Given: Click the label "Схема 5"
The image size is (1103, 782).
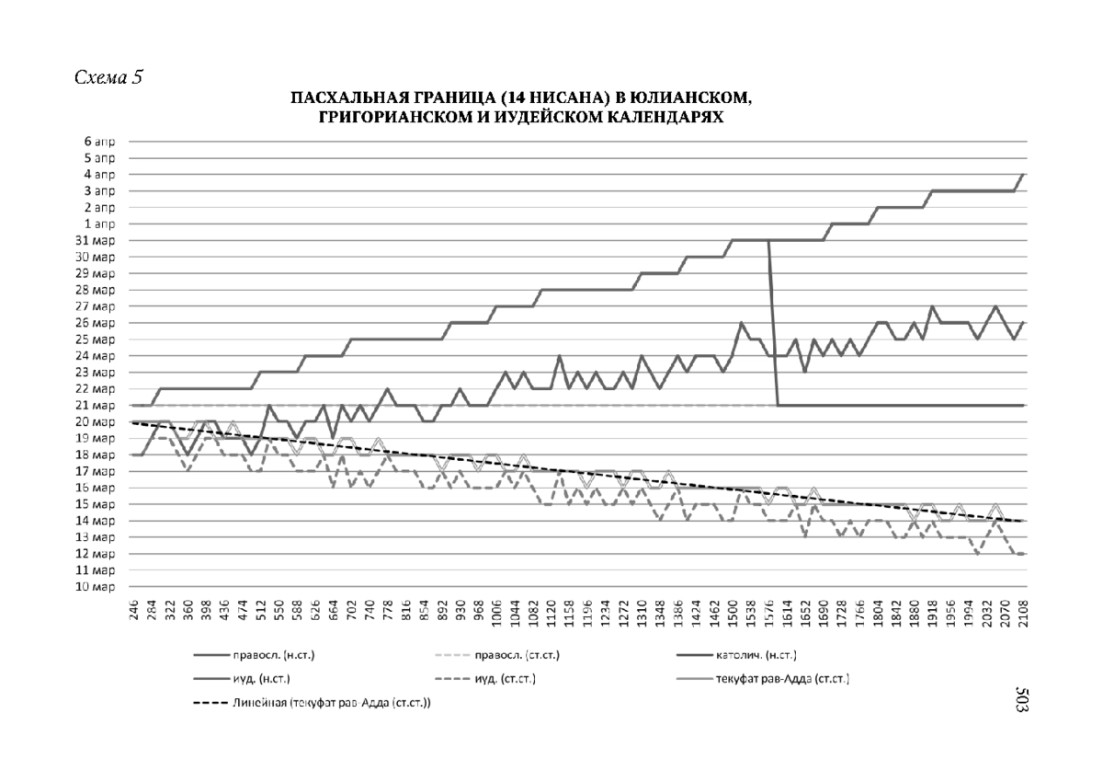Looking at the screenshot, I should pos(108,77).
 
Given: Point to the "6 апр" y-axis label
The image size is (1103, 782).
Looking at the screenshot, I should pos(101,142).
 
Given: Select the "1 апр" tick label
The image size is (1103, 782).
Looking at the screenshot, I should pos(101,224).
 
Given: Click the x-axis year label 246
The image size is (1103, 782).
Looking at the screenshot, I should pos(135,614).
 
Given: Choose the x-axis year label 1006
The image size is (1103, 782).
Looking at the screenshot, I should pos(497,614).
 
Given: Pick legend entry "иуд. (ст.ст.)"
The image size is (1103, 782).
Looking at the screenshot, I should pos(505,680).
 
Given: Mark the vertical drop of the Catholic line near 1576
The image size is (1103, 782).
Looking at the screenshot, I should pos(773,322).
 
